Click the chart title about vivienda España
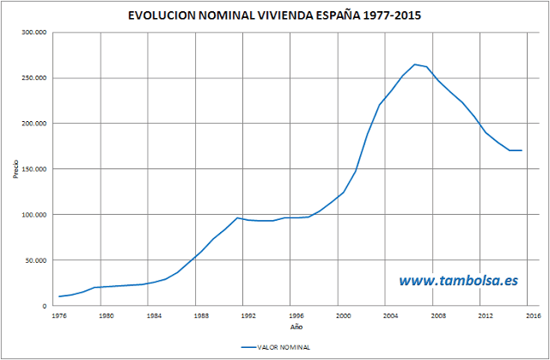[x=275, y=15]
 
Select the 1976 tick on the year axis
[x=58, y=315]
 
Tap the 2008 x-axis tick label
[x=439, y=315]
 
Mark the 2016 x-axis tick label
[x=533, y=315]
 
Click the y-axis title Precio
[x=15, y=168]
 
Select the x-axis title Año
[x=296, y=326]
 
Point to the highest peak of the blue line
[x=415, y=64]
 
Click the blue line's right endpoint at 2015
[x=522, y=150]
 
